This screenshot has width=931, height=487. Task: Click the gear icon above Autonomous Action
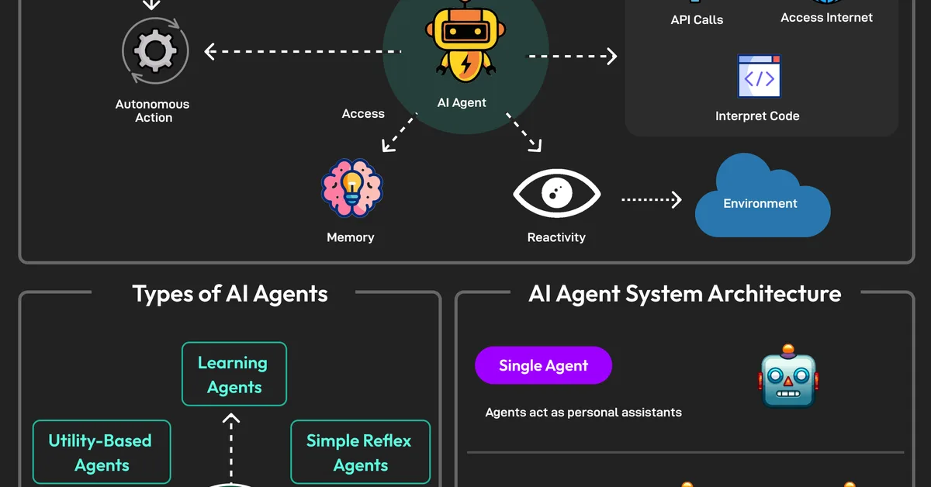tap(155, 51)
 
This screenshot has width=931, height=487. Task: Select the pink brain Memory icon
tap(351, 188)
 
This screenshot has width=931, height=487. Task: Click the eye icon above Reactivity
tap(556, 194)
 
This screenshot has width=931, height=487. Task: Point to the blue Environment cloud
tap(760, 199)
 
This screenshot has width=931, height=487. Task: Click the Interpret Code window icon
tap(759, 76)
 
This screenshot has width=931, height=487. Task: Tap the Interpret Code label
tap(757, 116)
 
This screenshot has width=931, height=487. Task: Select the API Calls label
tap(697, 20)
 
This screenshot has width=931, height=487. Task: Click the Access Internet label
tap(826, 17)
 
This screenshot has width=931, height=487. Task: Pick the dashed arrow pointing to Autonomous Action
tap(303, 52)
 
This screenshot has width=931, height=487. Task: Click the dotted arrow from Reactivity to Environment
tap(651, 200)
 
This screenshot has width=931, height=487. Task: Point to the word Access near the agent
tap(363, 114)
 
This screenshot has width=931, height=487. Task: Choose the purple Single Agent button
tap(543, 366)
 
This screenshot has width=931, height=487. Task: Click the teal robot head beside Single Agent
tap(788, 377)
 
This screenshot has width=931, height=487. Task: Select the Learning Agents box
tap(234, 375)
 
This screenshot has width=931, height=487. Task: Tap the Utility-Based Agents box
tap(102, 452)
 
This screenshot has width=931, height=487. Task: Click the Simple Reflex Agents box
tap(360, 452)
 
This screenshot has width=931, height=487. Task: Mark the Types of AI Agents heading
tap(230, 294)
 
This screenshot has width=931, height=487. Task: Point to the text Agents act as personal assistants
tap(583, 413)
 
